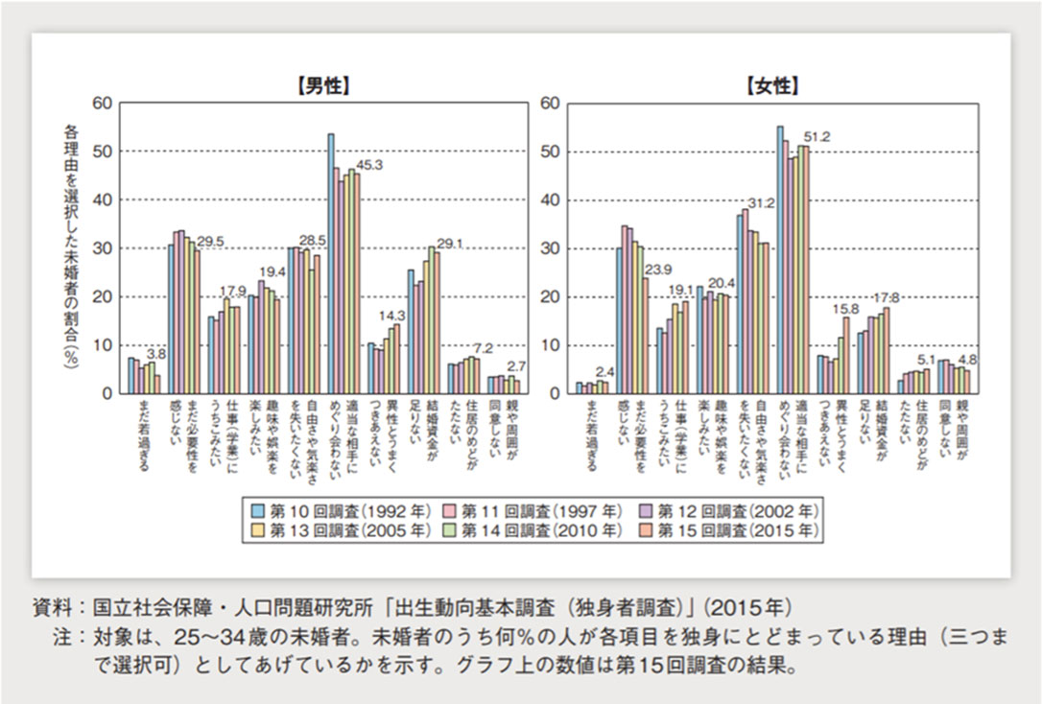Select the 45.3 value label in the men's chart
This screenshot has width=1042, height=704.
pos(370,164)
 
